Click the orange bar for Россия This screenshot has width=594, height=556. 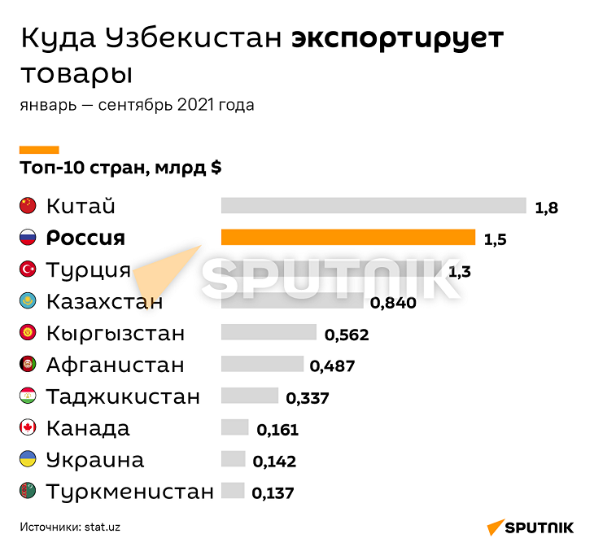pos(348,238)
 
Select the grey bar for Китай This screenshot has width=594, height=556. pos(373,206)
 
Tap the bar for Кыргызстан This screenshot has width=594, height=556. pos(269,333)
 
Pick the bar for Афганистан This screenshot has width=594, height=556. pos(262,365)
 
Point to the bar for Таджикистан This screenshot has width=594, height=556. pos(249,396)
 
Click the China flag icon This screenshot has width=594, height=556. pos(28,206)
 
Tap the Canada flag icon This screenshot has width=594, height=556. pos(28,428)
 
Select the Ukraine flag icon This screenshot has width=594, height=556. pos(28,460)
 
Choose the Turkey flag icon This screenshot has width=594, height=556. pos(28,269)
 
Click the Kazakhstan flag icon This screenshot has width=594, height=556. pos(28,301)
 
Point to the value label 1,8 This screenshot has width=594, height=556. pos(546,208)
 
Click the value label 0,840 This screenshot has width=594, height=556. pos(393,304)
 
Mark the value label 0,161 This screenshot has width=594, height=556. pos(277,431)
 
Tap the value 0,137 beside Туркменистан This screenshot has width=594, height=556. pos(273,493)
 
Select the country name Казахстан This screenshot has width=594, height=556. pos(105,302)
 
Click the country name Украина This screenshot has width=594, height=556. pos(95,460)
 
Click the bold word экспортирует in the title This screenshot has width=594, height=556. pos(397,38)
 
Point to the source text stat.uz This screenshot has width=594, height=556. pos(103,527)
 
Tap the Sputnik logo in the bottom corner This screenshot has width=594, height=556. pos(530,528)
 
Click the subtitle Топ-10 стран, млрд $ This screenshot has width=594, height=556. pos(120,169)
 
